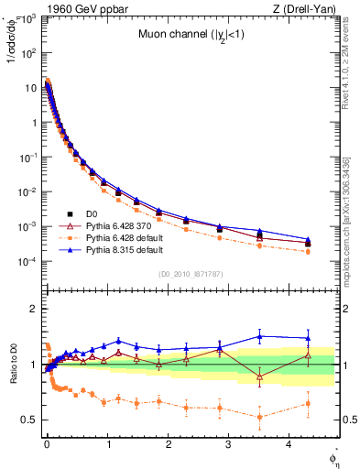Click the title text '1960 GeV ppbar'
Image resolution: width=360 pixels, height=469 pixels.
(x=76, y=9)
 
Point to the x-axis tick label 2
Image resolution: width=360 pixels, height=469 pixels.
(x=169, y=443)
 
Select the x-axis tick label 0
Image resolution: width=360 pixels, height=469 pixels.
(x=46, y=443)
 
